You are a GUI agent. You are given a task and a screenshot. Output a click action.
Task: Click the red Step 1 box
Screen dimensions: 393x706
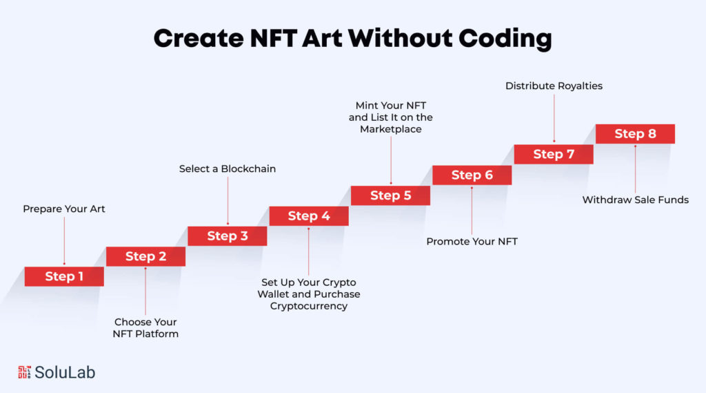coord(64,276)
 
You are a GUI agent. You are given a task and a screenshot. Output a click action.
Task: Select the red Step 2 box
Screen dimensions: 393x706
coord(145,256)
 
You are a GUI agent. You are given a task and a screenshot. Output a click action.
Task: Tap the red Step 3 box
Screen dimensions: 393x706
coord(228,236)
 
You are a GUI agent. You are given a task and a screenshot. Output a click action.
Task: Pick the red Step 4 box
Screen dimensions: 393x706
coord(309,216)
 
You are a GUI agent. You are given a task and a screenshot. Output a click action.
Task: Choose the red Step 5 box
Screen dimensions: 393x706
coord(390,195)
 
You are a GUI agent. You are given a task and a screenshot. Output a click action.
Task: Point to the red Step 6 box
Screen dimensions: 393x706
coord(472,175)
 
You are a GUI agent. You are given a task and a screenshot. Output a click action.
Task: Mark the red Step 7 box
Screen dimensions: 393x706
coord(554,154)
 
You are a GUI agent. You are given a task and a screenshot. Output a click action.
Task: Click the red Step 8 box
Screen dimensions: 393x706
coord(635,134)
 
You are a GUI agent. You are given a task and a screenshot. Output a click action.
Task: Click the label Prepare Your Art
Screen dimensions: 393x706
coord(64,209)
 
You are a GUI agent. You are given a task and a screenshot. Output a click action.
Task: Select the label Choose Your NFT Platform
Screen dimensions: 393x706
coord(145,328)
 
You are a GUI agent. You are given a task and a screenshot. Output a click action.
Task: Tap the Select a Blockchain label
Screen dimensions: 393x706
coord(228,169)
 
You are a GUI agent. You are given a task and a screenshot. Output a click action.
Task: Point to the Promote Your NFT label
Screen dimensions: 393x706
coord(472,242)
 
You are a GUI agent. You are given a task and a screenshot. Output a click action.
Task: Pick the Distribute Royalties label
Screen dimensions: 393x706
coord(554,86)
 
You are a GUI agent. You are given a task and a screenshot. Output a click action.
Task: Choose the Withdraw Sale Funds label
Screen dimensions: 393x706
coord(635,200)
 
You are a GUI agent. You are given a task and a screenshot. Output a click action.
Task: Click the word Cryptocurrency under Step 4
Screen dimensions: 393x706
coord(309,306)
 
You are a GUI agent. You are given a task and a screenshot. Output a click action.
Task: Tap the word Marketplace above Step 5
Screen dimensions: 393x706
coord(391,129)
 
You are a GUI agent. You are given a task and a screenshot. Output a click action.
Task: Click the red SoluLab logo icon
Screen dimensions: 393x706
coord(25,372)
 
